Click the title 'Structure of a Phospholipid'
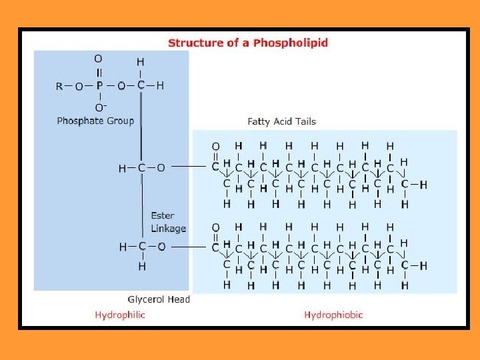tap(247, 43)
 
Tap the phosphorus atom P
tap(99, 85)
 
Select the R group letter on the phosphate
tap(59, 85)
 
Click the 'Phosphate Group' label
tap(95, 121)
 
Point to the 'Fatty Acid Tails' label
tap(281, 121)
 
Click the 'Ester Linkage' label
tap(168, 222)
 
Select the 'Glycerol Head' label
tap(159, 299)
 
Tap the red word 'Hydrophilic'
tap(120, 315)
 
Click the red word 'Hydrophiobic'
tap(333, 315)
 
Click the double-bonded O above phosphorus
tap(99, 59)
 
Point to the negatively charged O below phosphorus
tap(100, 107)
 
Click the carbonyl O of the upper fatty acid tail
tap(215, 146)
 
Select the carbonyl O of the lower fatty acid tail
tap(215, 228)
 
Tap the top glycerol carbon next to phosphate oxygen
tap(141, 85)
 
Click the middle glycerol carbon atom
tap(141, 168)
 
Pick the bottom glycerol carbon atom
tap(141, 247)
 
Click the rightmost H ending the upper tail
tap(423, 185)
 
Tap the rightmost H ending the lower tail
tap(423, 266)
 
